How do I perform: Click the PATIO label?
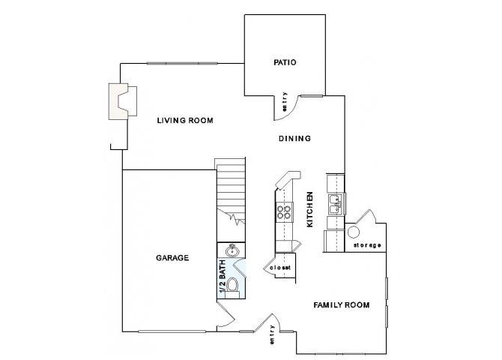(285, 62)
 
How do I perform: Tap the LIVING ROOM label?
(186, 120)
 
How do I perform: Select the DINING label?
(294, 138)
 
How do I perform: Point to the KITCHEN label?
(309, 209)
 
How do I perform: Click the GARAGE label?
(172, 257)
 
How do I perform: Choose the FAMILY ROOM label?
(342, 304)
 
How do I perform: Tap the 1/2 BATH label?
(222, 277)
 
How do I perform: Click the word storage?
(367, 245)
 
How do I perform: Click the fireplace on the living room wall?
(123, 100)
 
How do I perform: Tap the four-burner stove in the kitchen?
(284, 212)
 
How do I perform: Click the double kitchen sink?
(336, 200)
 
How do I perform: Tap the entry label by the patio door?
(285, 102)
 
